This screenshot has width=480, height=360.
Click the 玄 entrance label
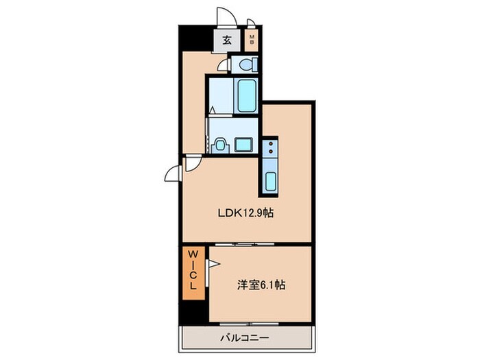227,40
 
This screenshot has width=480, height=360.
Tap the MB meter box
252,40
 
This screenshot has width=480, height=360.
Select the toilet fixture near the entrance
245,64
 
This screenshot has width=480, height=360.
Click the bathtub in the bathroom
245,95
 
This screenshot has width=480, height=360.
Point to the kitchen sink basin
269,182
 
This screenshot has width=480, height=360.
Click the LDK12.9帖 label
248,213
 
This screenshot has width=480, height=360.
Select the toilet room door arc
223,65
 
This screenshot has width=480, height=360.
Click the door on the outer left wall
173,175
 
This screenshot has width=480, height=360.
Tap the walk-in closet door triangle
213,263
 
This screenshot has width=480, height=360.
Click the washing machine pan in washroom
244,144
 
